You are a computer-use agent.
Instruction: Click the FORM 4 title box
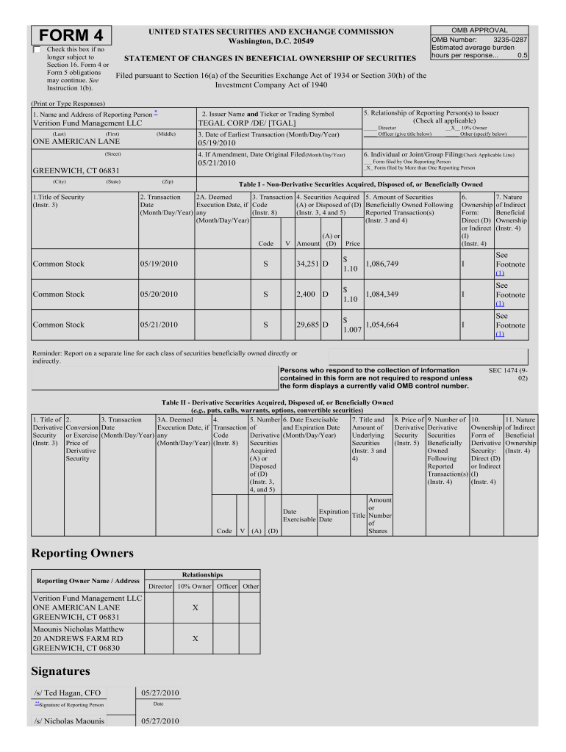point(71,35)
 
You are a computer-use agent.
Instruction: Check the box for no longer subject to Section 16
point(37,50)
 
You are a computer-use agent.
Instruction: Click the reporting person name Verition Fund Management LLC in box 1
point(87,123)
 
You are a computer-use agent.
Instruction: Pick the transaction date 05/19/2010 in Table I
point(159,264)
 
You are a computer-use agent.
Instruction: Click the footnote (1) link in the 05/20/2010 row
point(500,303)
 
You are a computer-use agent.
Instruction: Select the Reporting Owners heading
point(82,553)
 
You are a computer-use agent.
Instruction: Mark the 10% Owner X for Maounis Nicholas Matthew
point(194,639)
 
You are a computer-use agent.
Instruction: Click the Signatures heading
point(61,671)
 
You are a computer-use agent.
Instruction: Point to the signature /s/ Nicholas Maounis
point(70,721)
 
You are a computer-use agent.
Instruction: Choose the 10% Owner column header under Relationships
point(194,586)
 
